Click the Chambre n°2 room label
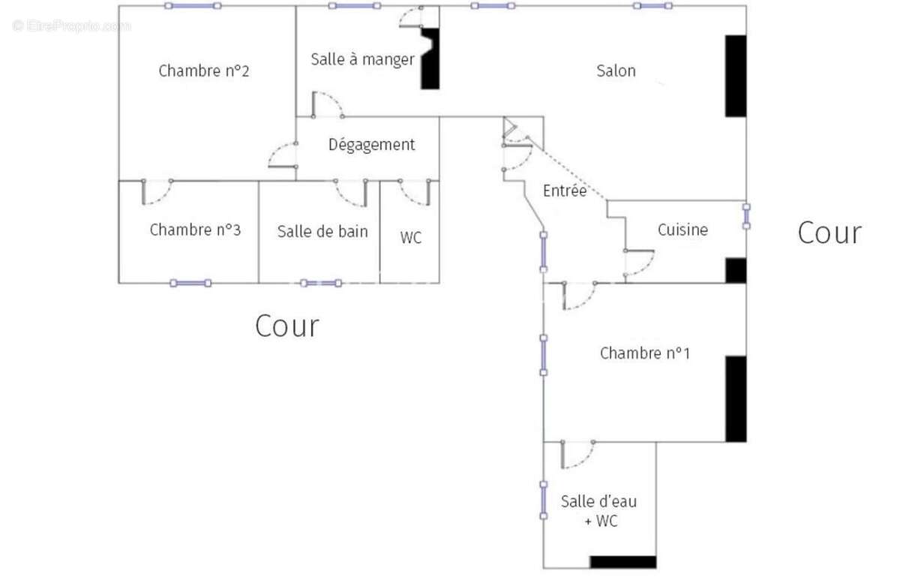[204, 71]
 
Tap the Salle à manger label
[362, 59]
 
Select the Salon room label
[616, 71]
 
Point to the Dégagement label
[371, 145]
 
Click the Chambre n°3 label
[195, 230]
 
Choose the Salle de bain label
[322, 231]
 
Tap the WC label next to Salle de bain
[410, 239]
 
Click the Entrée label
[565, 191]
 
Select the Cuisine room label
[682, 230]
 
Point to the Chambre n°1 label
[645, 353]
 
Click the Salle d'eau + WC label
[599, 511]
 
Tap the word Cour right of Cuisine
[829, 233]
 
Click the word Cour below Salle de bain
[286, 326]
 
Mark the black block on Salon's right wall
[735, 76]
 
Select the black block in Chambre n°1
[736, 398]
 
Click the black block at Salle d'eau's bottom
[622, 562]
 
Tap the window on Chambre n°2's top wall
[193, 6]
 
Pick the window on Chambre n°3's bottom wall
[190, 283]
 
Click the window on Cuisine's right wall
[746, 216]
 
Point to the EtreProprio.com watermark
[71, 26]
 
